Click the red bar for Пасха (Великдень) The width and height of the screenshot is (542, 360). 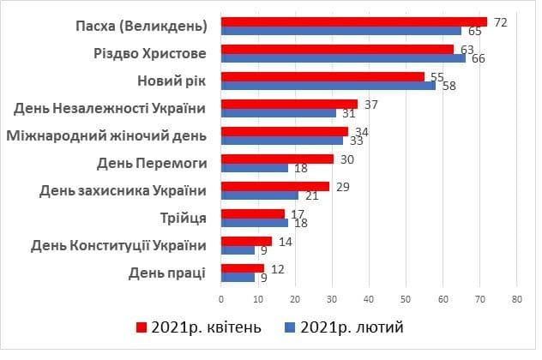353,21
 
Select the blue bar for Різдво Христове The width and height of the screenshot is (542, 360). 343,58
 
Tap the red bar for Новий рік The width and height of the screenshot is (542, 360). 322,76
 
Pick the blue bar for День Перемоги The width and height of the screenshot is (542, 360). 255,168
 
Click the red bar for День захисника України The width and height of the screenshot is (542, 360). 274,186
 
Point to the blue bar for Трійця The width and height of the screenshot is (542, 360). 255,223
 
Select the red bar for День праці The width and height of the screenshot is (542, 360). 243,268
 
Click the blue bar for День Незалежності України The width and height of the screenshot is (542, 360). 279,113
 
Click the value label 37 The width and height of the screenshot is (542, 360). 371,104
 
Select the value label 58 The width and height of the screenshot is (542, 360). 449,86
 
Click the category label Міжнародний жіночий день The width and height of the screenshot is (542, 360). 106,136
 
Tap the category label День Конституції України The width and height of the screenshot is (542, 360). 118,246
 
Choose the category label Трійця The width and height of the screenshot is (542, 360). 183,219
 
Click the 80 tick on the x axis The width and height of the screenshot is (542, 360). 516,299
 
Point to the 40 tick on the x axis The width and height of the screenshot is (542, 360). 369,299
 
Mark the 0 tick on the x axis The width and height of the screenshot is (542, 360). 221,299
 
